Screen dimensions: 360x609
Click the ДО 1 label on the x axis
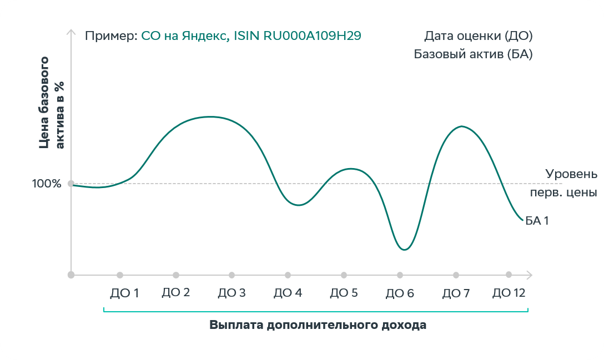click(124, 293)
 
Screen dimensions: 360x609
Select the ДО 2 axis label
click(176, 292)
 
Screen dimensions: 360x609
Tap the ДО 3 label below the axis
click(231, 293)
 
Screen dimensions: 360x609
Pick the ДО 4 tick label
click(288, 293)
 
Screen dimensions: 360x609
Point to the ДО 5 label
click(344, 293)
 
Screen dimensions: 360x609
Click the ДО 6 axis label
click(400, 293)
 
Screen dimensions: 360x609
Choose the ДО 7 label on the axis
click(456, 293)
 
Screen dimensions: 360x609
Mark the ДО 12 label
click(509, 293)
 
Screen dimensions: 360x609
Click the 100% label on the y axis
click(47, 184)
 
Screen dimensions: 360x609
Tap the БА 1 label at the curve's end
click(537, 221)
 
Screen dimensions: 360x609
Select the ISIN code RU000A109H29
click(313, 36)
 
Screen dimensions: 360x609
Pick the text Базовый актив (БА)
click(473, 54)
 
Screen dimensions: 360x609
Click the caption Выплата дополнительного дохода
click(318, 325)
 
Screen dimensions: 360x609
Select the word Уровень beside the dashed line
click(571, 174)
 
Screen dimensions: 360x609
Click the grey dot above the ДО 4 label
click(288, 275)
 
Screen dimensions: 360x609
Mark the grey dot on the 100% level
click(71, 184)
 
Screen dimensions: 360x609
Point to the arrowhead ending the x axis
click(530, 275)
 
